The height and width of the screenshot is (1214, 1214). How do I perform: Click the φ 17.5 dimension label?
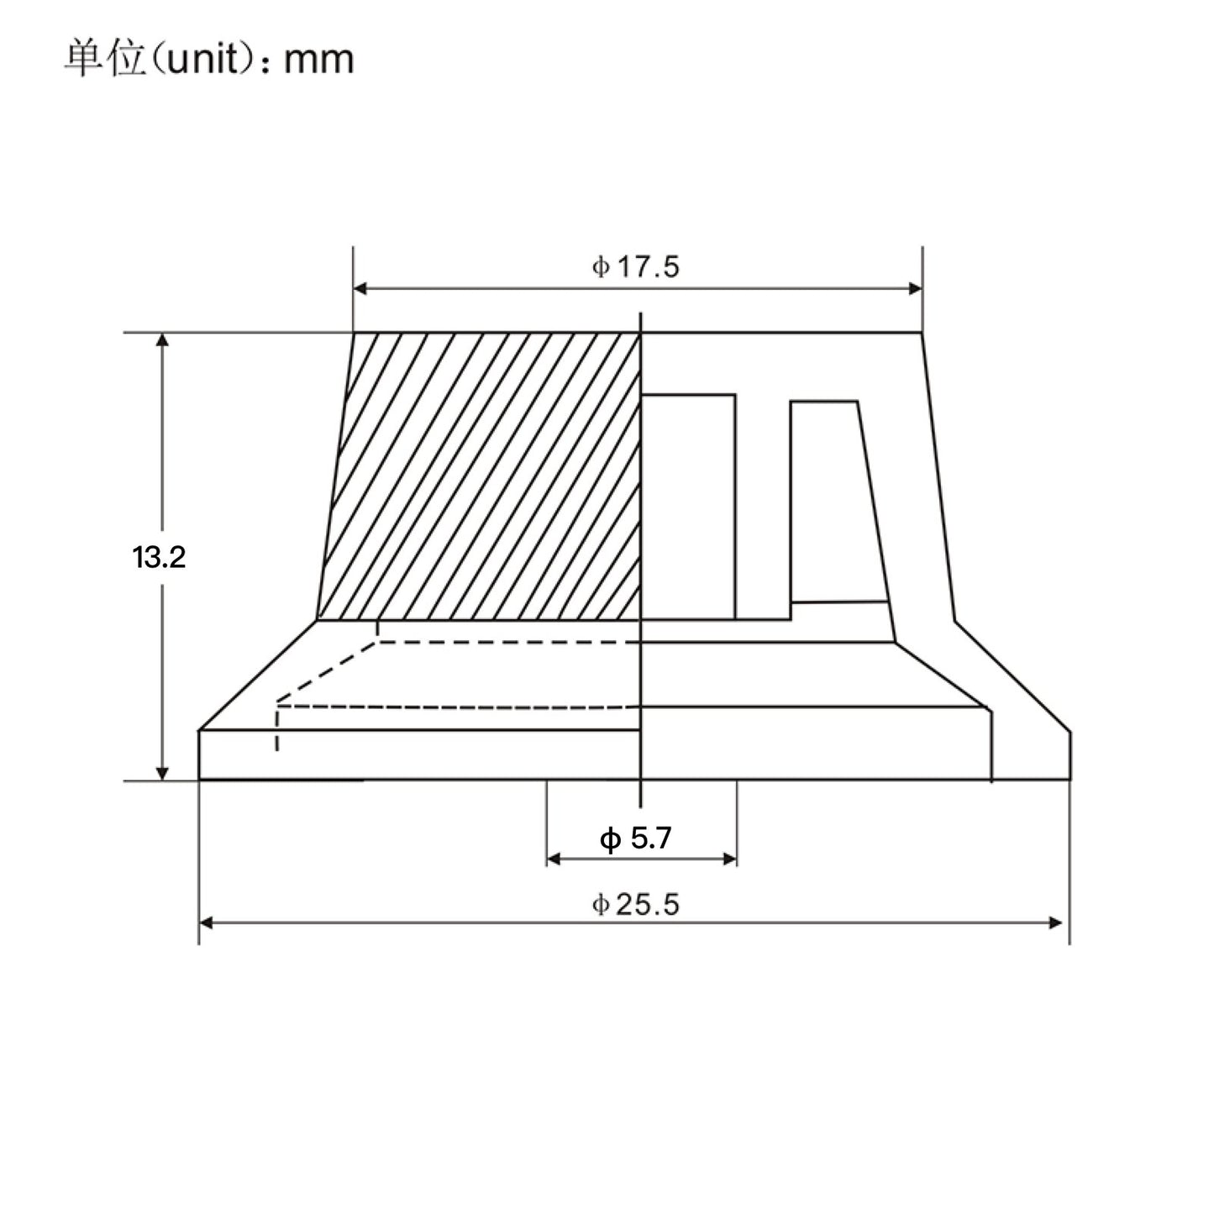[635, 267]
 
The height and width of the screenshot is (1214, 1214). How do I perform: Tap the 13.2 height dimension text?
[159, 558]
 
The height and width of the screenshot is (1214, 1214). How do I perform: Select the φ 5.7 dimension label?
[635, 838]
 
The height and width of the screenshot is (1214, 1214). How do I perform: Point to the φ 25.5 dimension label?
[635, 904]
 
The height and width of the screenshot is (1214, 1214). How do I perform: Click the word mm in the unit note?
[318, 61]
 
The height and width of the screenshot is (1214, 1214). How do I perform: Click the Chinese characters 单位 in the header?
[106, 60]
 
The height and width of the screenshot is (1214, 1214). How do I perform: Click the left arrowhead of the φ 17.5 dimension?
[360, 288]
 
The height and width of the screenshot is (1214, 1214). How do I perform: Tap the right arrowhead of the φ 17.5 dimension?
[915, 288]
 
